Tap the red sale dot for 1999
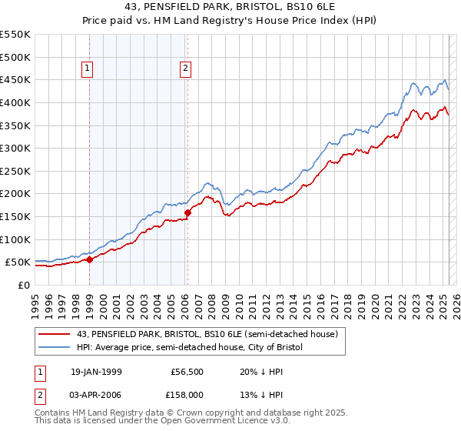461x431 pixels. coord(89,259)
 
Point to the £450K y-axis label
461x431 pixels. coord(15,79)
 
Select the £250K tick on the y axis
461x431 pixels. coord(15,171)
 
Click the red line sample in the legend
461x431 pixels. coord(54,334)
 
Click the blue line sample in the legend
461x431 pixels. coord(54,347)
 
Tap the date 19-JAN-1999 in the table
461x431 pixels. coord(96,372)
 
